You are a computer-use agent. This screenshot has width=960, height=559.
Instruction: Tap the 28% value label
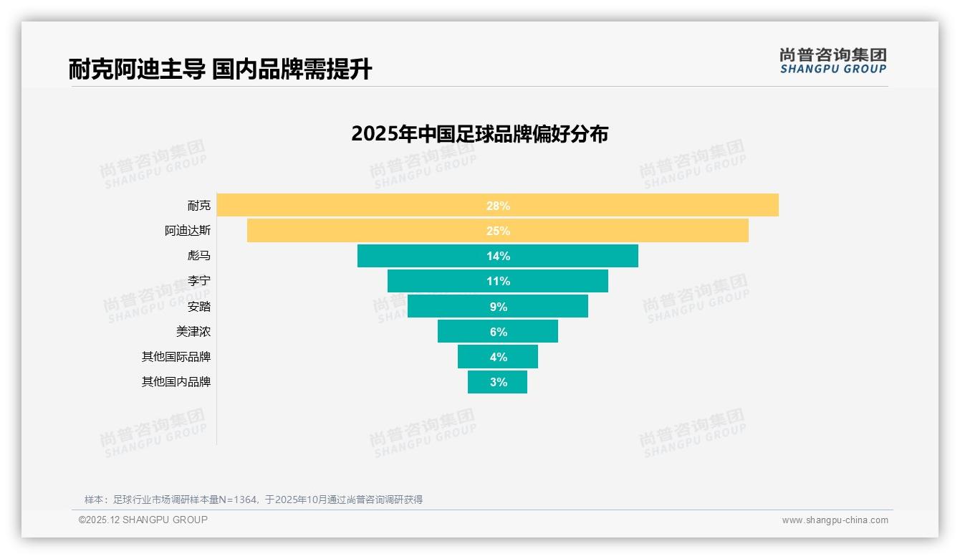[498, 206]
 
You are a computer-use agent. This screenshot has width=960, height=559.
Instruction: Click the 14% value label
[498, 256]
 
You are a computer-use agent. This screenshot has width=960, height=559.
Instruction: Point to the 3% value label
[499, 382]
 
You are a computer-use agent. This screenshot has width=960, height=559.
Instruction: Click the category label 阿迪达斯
[188, 231]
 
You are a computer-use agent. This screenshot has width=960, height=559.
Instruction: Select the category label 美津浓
[193, 332]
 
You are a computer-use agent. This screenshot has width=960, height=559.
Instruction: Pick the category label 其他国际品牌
[176, 357]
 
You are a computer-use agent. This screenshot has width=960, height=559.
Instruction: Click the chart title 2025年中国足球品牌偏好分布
[479, 134]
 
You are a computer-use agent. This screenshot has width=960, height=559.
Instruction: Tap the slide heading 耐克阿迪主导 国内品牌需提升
[220, 70]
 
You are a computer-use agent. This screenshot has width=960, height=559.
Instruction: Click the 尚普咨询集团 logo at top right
[832, 60]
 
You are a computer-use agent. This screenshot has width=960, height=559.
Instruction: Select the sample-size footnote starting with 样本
[254, 500]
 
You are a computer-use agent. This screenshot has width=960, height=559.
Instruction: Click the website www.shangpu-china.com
[835, 520]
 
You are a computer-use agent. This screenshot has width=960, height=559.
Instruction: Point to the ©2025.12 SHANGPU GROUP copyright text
[143, 520]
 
